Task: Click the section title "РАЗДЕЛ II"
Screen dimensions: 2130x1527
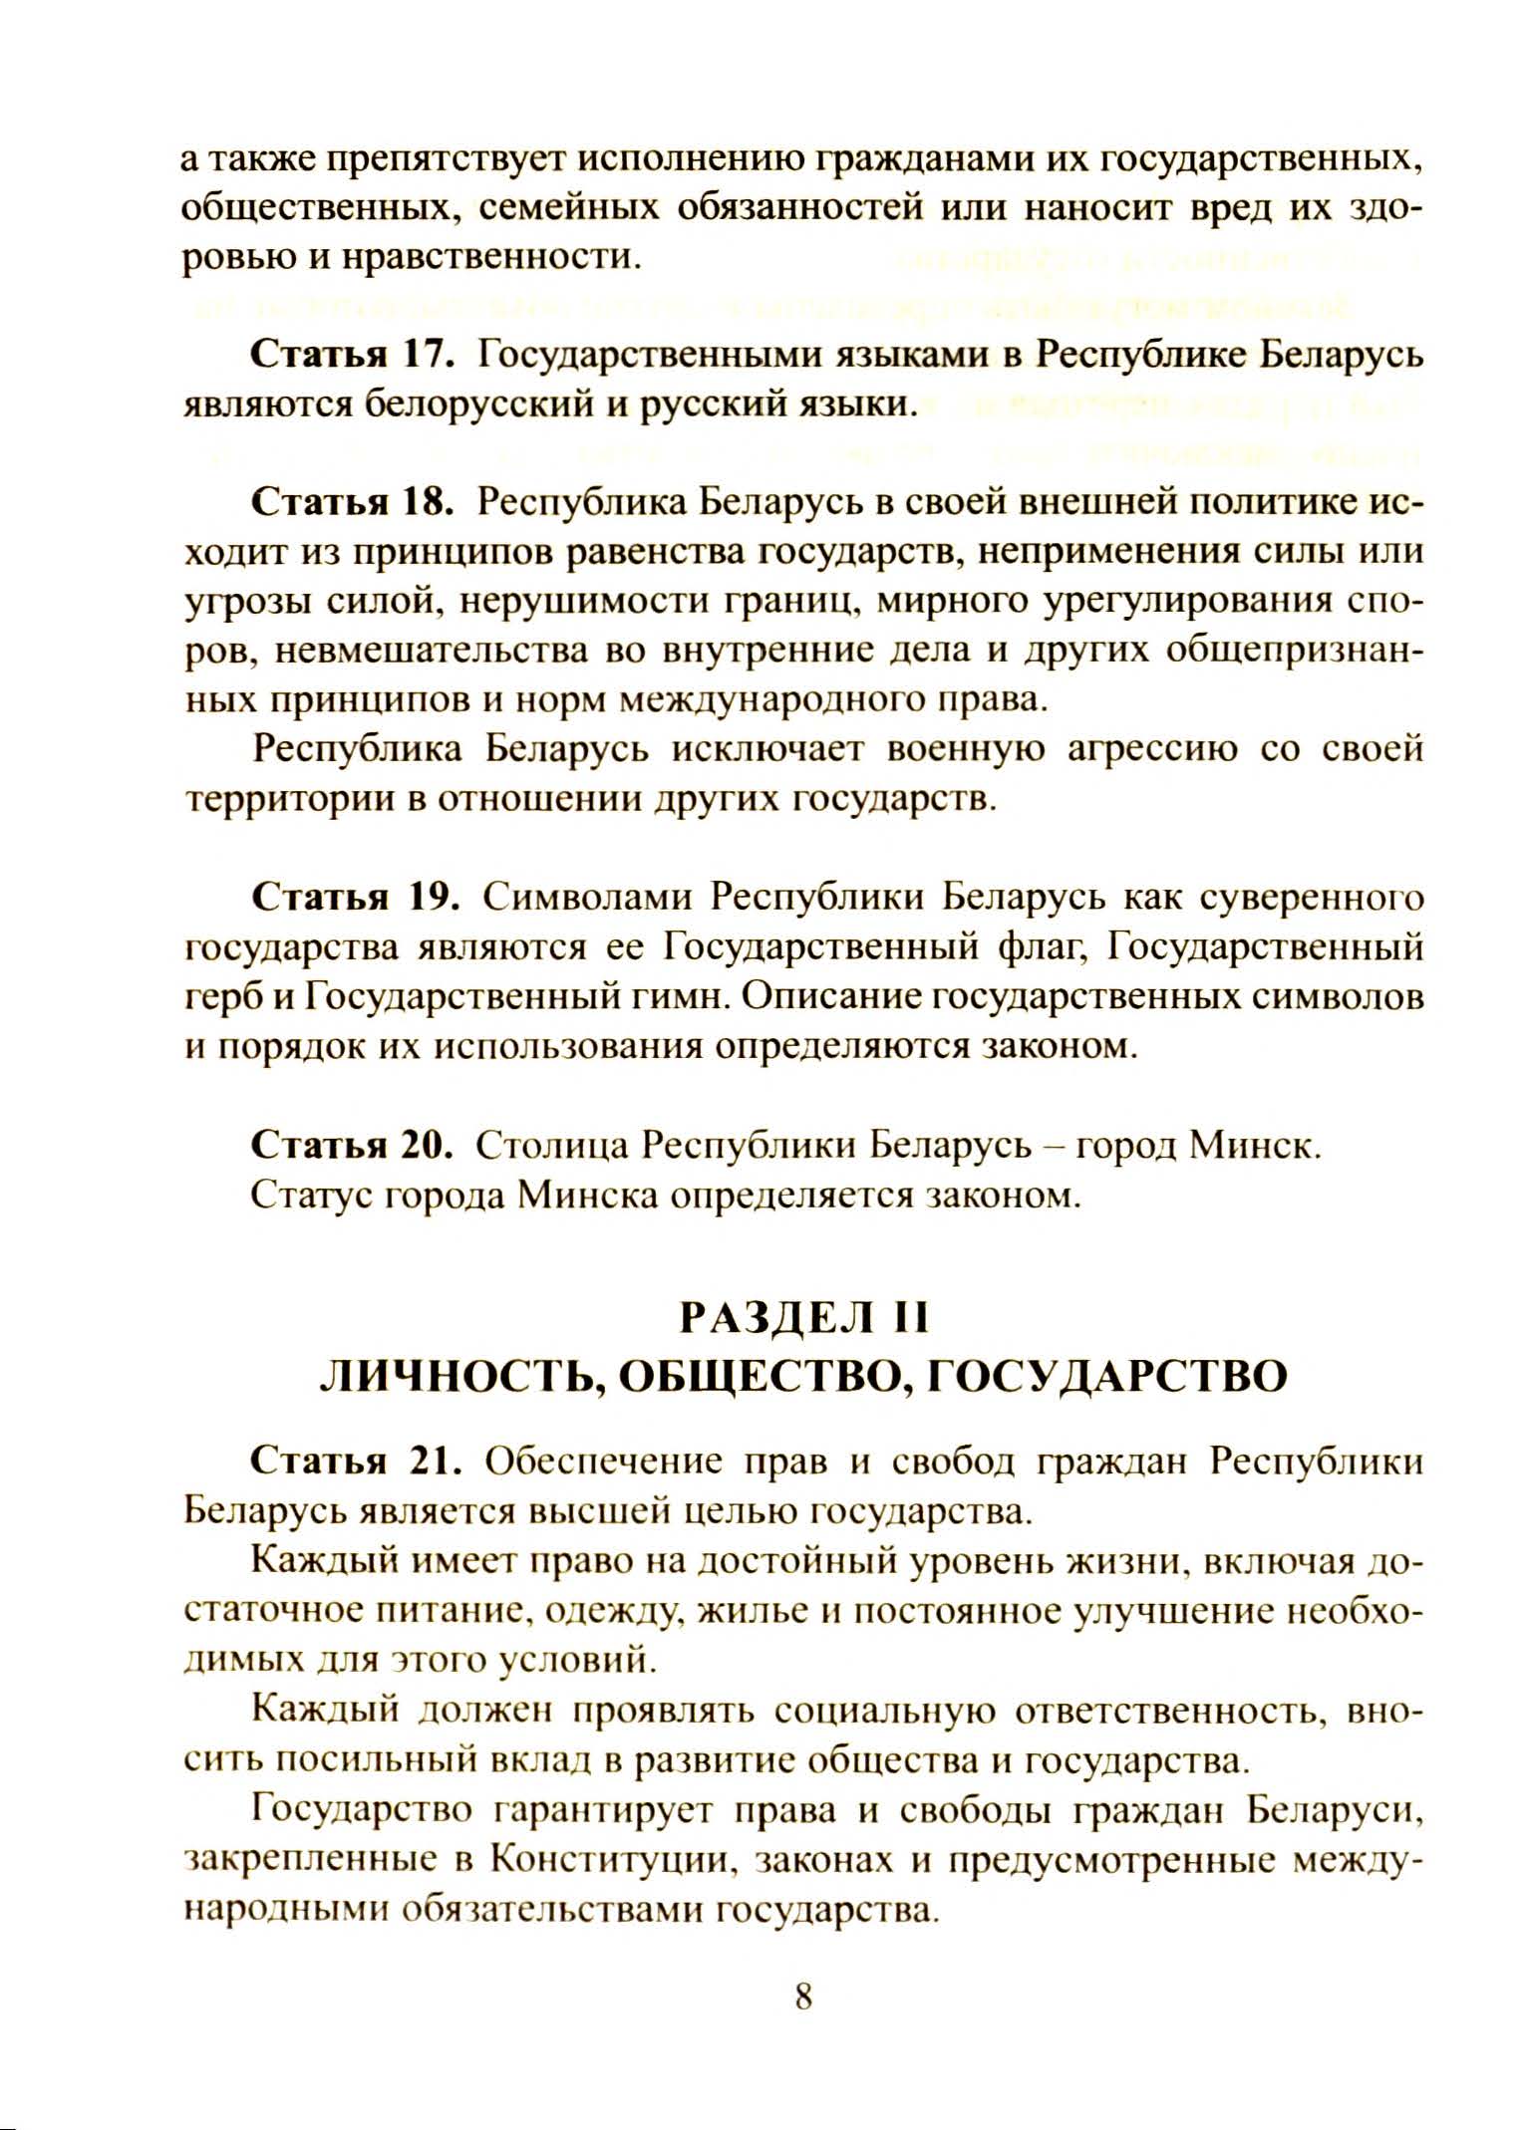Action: click(803, 1319)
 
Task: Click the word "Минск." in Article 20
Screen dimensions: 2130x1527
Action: click(1255, 1146)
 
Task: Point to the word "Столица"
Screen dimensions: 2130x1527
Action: click(550, 1146)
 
